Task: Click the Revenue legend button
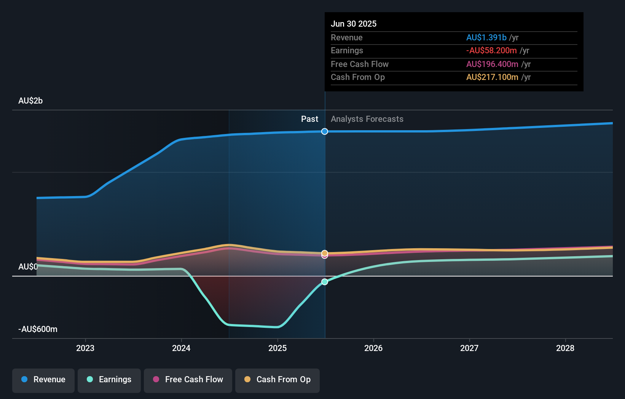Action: coord(43,380)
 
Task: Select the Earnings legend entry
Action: coord(109,380)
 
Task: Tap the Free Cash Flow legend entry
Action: coord(188,380)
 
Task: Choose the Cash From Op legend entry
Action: coord(277,380)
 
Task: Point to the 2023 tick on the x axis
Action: coord(85,348)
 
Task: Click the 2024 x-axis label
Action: coord(181,348)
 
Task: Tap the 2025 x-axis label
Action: coord(277,348)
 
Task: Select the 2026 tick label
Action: coord(373,348)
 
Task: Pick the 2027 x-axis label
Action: coord(469,348)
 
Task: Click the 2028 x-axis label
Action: coord(565,348)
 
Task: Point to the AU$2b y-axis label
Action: coord(30,101)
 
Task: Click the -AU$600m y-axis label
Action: coord(38,329)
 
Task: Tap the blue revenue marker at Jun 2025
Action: coord(325,131)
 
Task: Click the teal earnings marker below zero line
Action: coord(325,282)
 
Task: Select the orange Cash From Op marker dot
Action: coord(325,253)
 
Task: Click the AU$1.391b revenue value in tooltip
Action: coord(486,38)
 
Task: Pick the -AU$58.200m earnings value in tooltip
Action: coord(491,51)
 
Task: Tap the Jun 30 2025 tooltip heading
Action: coord(354,24)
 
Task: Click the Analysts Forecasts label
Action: coord(367,119)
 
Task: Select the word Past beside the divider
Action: coord(309,119)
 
